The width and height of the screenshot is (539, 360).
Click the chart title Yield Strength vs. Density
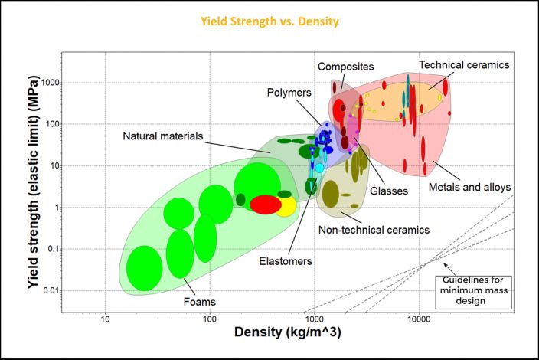coord(269,21)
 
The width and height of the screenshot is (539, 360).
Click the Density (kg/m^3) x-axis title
coord(286,334)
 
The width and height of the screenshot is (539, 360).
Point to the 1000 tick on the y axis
coord(51,83)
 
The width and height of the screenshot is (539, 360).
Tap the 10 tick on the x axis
coord(106,318)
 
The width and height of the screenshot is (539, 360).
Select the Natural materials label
coord(162,137)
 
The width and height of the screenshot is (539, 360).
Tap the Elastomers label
coord(285,261)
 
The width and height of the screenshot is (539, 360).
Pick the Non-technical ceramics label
coord(374,229)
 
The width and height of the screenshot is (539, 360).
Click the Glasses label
coord(389,191)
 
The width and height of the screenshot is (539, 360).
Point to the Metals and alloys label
coord(469,187)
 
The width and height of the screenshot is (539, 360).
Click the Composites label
coord(345,66)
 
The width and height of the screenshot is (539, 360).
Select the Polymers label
coord(289,93)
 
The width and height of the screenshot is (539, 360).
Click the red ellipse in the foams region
coord(265,205)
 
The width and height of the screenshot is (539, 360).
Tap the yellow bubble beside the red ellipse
coord(286,206)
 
